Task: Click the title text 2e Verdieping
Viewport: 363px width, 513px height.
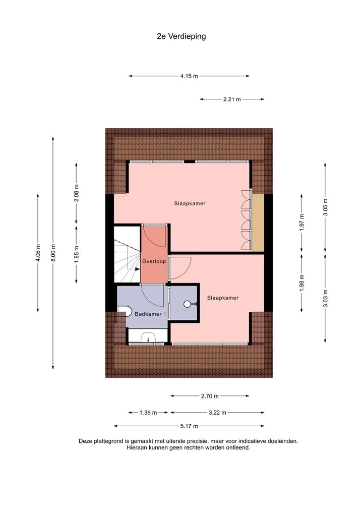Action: pos(181,36)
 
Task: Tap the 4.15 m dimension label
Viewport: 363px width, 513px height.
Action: pos(189,76)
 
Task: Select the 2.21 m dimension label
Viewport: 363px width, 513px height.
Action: pos(232,99)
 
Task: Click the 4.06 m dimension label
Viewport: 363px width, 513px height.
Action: pos(38,252)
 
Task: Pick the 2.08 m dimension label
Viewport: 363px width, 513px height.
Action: pos(76,193)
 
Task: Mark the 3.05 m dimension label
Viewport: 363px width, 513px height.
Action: pos(325,207)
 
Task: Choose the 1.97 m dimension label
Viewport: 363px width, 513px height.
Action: pos(301,222)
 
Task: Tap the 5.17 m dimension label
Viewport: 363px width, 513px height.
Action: pos(189,426)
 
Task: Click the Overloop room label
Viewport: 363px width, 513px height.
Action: pos(154,262)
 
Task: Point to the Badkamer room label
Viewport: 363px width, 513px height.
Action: pos(148,314)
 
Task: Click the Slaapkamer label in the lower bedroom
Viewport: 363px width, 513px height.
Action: pos(222,298)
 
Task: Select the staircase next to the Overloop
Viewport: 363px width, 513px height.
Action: pos(127,255)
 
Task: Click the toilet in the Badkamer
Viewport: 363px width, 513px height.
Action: pos(124,311)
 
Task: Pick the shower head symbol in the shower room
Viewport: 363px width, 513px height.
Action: pos(189,304)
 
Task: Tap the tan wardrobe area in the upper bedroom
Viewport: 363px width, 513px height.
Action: pos(258,222)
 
